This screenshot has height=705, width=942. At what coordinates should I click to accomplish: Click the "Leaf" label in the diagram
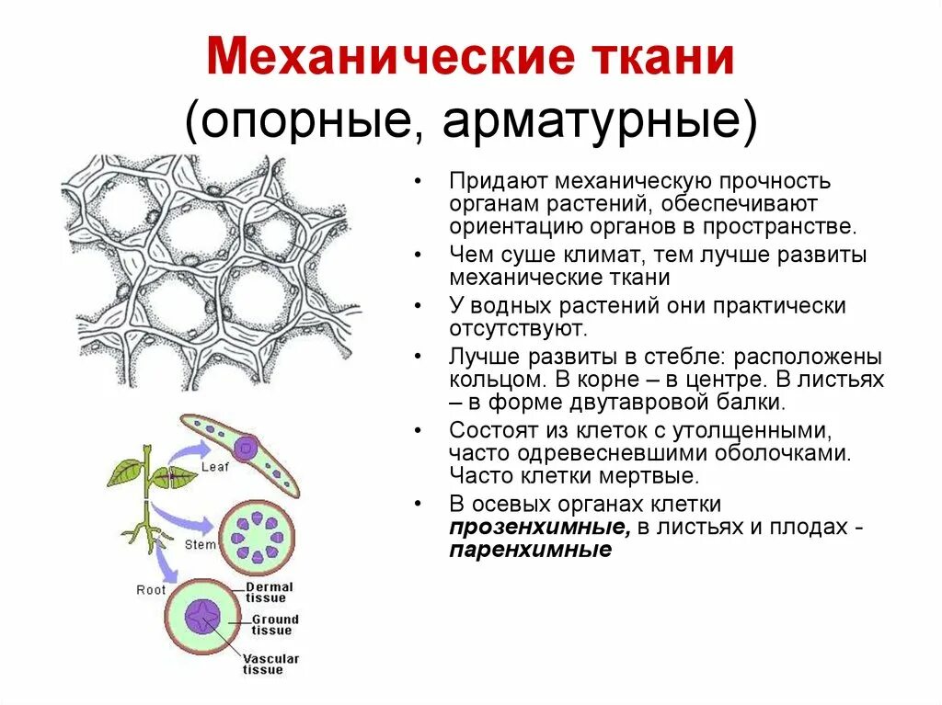[x=213, y=466]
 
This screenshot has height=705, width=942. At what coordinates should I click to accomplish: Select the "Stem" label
[x=201, y=544]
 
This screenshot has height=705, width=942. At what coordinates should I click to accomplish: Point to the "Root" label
[x=151, y=589]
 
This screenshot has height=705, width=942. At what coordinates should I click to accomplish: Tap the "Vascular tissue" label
[x=270, y=664]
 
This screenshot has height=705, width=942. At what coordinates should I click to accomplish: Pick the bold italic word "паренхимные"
[x=531, y=551]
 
